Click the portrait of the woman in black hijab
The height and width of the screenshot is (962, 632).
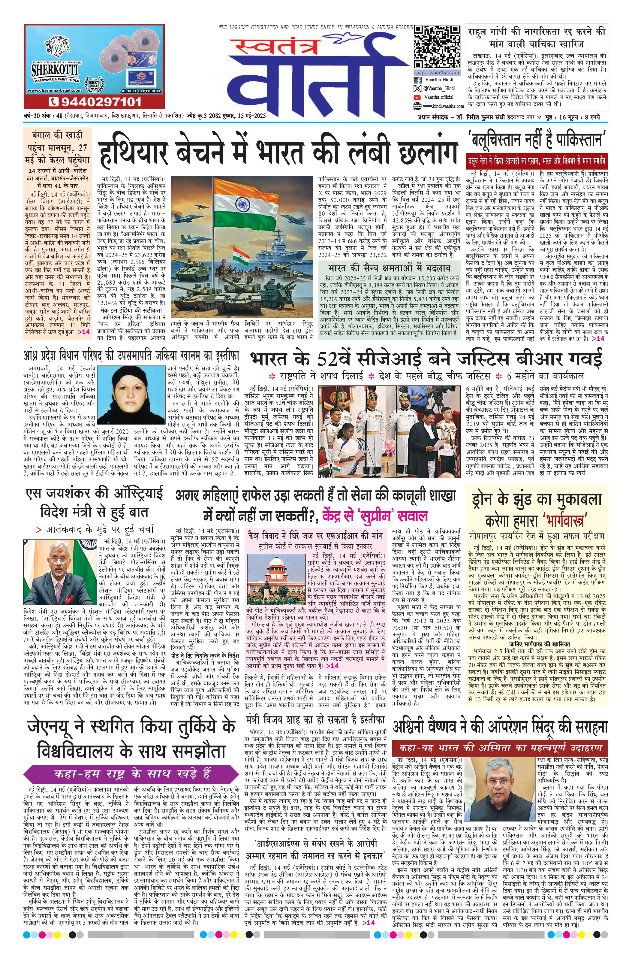coord(132,395)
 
